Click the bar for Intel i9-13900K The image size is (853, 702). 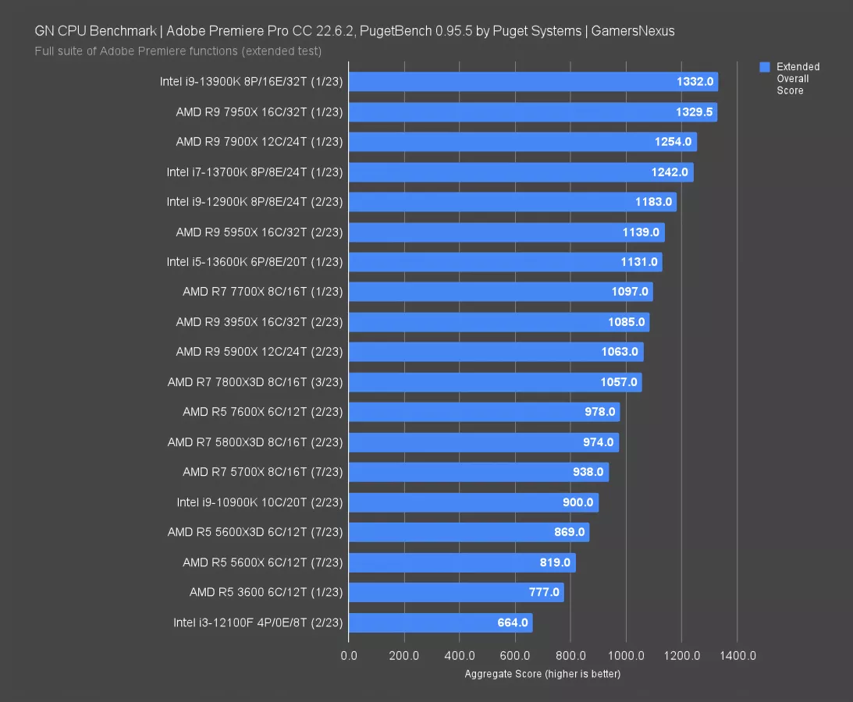point(533,82)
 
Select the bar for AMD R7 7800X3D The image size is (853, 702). point(496,382)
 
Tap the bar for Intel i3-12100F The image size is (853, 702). point(440,622)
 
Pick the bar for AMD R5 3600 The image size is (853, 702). point(457,592)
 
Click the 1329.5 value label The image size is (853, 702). point(694,112)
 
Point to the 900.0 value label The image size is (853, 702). point(578,502)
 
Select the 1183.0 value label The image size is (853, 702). point(653,202)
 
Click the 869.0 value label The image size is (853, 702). point(569,532)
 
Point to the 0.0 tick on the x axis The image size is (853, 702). point(349,655)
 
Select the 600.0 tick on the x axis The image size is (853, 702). point(515,655)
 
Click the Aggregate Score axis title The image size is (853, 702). point(542,674)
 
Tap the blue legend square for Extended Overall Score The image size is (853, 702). point(765,67)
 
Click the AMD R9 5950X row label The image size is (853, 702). point(260,232)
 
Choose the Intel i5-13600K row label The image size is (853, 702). point(255,261)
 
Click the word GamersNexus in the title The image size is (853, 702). point(633,31)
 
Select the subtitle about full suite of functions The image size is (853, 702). point(178,51)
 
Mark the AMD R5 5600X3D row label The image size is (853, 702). point(255,532)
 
